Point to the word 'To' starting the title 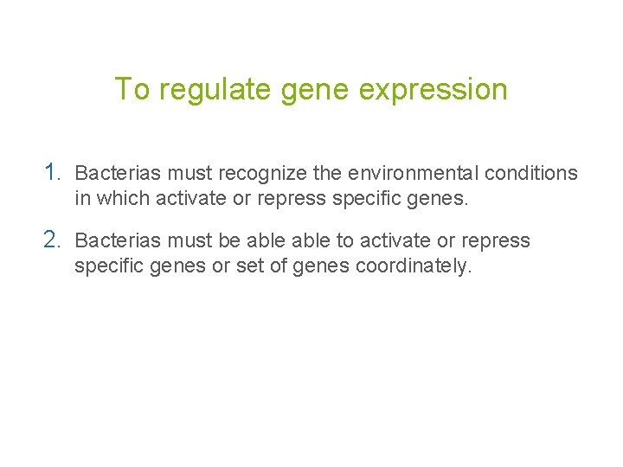point(133,89)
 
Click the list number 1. point(53,172)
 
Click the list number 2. point(53,240)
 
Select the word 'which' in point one point(124,198)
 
